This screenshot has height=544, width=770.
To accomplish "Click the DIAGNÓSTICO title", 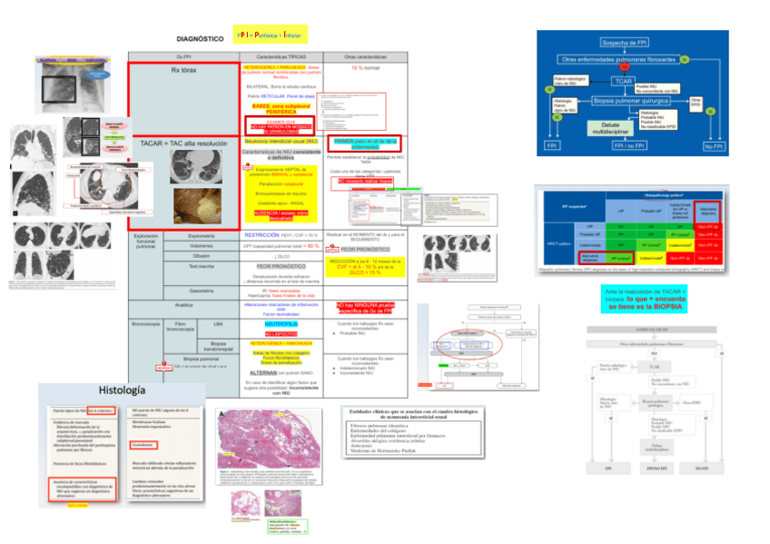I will pos(199,39).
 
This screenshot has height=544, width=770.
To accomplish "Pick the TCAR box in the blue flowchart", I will pos(623,82).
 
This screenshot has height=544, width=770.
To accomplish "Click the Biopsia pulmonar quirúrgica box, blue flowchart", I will pos(636,100).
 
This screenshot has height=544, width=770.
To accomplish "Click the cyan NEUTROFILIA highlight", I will pos(279,322).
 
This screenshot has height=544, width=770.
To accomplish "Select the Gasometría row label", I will pos(201,291).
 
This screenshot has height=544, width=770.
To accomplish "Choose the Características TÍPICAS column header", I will pos(280,56).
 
